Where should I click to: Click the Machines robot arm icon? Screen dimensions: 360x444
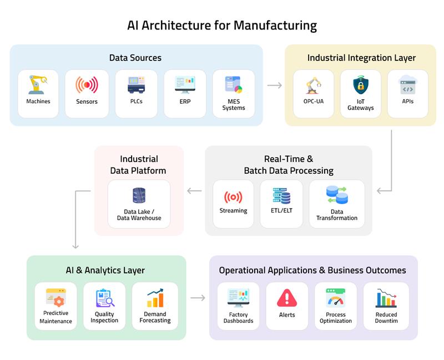(x=38, y=84)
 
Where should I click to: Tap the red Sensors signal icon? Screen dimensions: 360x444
(x=87, y=85)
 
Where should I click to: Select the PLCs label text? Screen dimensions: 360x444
(x=135, y=102)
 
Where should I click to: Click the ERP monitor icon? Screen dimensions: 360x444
(x=185, y=84)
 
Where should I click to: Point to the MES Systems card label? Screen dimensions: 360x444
(x=234, y=105)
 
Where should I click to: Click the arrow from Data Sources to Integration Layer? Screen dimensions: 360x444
(x=274, y=85)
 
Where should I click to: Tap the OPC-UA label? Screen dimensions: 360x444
(x=314, y=102)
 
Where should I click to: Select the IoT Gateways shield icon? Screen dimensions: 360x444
(x=361, y=85)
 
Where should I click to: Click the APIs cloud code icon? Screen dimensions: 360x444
(x=408, y=85)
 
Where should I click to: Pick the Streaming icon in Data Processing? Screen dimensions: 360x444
(x=233, y=197)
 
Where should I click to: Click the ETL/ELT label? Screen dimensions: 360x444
(x=281, y=211)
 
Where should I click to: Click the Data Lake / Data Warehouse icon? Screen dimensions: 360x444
(x=139, y=196)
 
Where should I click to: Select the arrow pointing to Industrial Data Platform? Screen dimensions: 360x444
(x=194, y=191)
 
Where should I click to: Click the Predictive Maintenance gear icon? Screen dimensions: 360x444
(x=56, y=298)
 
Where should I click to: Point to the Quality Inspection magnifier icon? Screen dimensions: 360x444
(x=104, y=298)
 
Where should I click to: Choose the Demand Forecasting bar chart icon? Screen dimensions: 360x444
(x=155, y=298)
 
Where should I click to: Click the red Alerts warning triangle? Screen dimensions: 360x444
(x=287, y=298)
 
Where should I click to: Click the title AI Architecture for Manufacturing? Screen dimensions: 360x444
(x=222, y=26)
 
